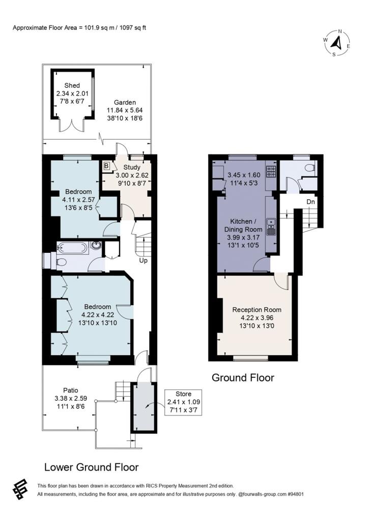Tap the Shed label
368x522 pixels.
(x=72, y=86)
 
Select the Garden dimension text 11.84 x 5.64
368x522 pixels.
(x=125, y=111)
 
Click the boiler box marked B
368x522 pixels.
(x=107, y=165)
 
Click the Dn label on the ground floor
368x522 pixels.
(x=310, y=202)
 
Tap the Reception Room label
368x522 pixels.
(x=257, y=309)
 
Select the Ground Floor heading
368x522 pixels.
(x=243, y=378)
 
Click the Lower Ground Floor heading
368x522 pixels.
(x=92, y=467)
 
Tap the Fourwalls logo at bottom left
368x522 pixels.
(x=20, y=490)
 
